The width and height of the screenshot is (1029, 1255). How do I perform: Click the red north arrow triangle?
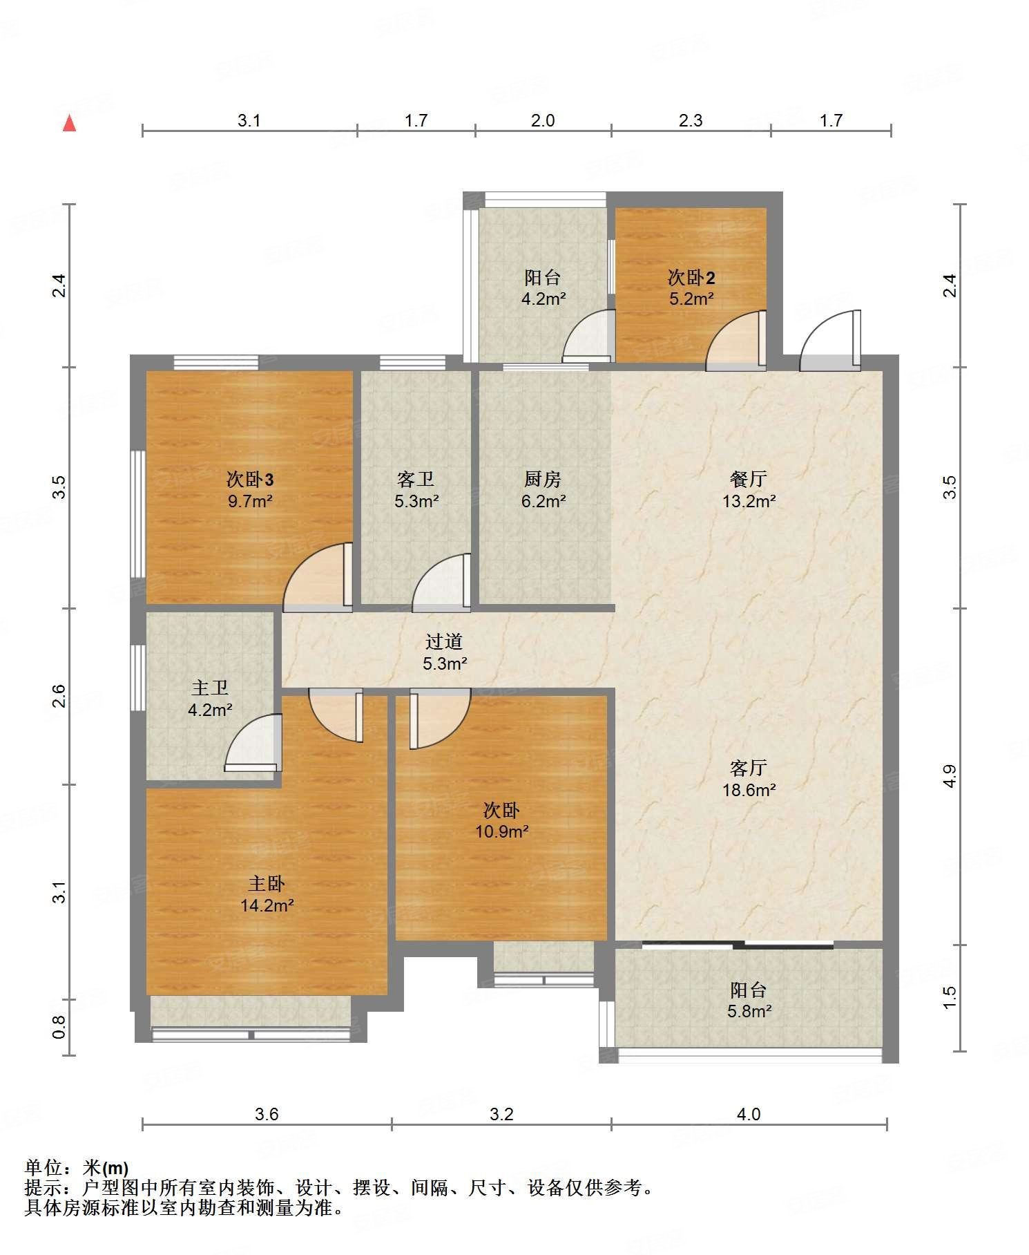pyautogui.click(x=69, y=124)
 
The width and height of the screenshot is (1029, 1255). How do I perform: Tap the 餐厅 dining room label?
pyautogui.click(x=749, y=479)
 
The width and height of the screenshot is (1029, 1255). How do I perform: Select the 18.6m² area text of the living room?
pyautogui.click(x=749, y=789)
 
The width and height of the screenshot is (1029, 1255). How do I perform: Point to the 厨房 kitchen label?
pyautogui.click(x=543, y=479)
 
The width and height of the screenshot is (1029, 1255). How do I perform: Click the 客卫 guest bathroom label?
pyautogui.click(x=416, y=479)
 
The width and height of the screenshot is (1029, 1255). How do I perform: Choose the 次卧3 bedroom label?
pyautogui.click(x=251, y=479)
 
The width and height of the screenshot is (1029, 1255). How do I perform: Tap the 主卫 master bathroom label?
pyautogui.click(x=210, y=688)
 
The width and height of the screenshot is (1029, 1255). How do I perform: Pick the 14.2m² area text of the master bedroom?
pyautogui.click(x=267, y=905)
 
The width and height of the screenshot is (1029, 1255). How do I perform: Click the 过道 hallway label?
pyautogui.click(x=443, y=642)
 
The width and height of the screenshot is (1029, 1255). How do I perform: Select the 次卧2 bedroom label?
pyautogui.click(x=691, y=278)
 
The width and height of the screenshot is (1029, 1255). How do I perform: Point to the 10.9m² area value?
pyautogui.click(x=502, y=831)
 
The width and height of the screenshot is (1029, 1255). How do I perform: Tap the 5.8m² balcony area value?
pyautogui.click(x=749, y=1011)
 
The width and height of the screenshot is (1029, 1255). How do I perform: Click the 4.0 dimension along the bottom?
pyautogui.click(x=749, y=1114)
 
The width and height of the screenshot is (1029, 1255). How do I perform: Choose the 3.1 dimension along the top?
pyautogui.click(x=249, y=120)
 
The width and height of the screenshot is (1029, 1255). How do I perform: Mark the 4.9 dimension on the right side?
pyautogui.click(x=950, y=776)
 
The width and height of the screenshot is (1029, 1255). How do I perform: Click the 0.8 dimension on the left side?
pyautogui.click(x=59, y=1027)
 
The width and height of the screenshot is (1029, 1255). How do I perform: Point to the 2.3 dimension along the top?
pyautogui.click(x=691, y=120)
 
